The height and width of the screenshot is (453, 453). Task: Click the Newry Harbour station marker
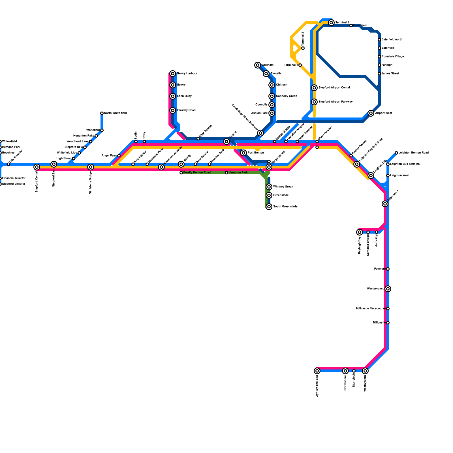tap(173, 74)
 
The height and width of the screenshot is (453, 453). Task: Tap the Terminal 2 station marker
tap(331, 22)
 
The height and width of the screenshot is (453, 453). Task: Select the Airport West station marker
tap(371, 113)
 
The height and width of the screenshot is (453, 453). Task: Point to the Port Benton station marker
tap(243, 153)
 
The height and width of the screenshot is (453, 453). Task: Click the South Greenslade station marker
tap(269, 207)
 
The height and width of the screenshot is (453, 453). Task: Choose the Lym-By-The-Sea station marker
tap(317, 371)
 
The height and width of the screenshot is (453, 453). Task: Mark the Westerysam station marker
tap(365, 371)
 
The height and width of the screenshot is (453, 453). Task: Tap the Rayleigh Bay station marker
tap(360, 232)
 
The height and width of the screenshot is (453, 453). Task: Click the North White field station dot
tap(102, 113)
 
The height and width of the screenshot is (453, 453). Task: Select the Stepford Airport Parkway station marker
tap(314, 102)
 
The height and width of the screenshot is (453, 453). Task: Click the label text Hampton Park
tap(238, 173)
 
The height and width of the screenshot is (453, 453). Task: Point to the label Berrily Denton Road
tap(197, 173)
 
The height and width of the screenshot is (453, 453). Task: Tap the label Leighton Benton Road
tap(413, 153)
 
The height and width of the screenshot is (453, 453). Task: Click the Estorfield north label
tap(392, 40)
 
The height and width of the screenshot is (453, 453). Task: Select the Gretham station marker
tap(258, 65)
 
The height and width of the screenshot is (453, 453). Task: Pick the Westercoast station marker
tap(388, 289)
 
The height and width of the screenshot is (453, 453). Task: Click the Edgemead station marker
tap(385, 204)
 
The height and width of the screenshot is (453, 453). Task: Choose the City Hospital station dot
tap(8, 164)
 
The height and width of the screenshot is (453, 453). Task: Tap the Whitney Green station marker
tap(269, 187)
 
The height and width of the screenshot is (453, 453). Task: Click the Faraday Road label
tap(186, 110)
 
